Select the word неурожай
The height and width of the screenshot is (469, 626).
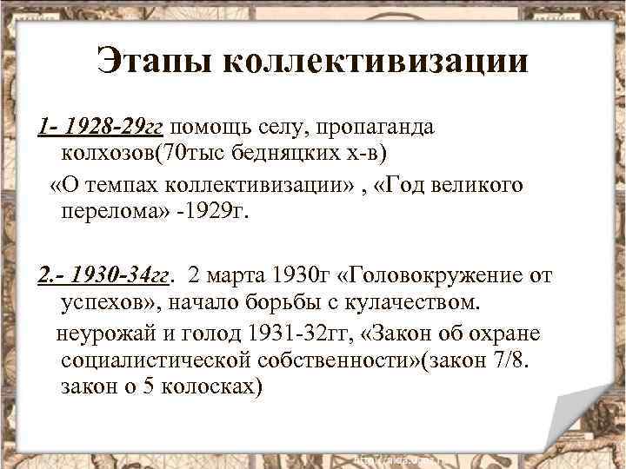click(x=105, y=334)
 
